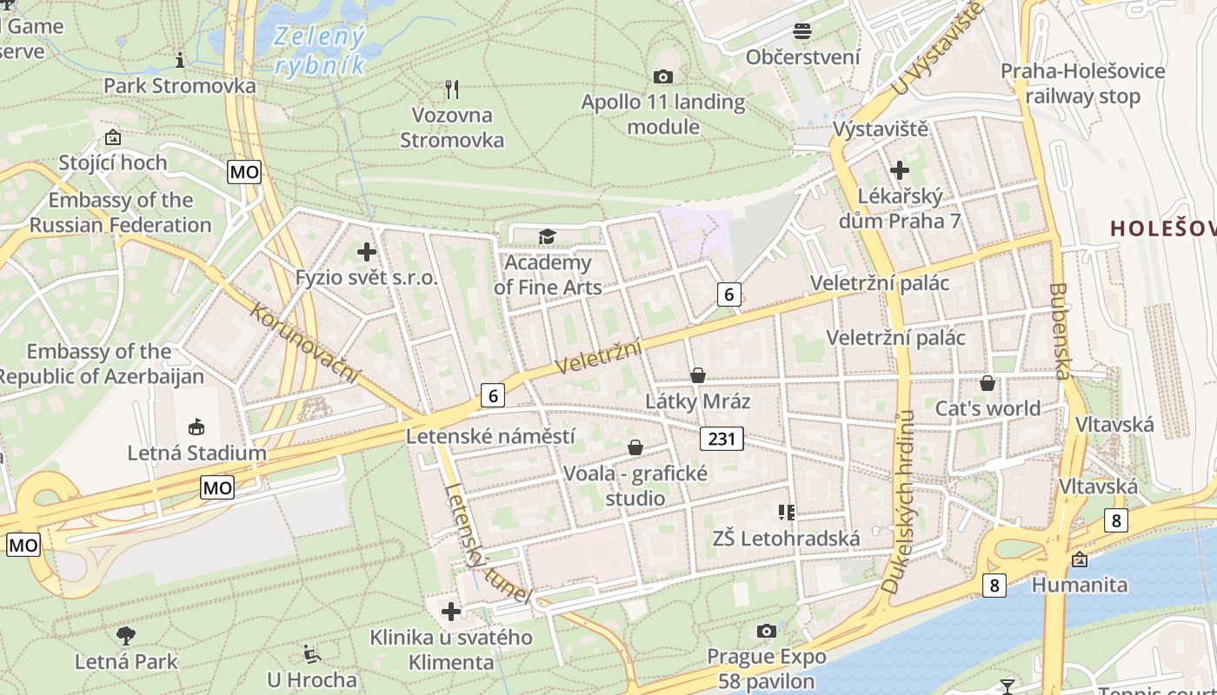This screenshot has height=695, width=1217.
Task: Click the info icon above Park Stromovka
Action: [180, 60]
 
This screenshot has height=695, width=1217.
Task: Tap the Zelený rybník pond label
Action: [318, 51]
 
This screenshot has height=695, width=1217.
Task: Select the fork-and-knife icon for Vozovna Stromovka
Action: [451, 89]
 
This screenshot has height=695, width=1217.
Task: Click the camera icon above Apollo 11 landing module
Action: [662, 77]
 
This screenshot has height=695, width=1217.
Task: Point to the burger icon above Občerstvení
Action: [802, 31]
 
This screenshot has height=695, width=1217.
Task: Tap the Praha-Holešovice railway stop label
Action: [1082, 83]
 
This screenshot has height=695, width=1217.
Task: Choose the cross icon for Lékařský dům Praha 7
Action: [899, 170]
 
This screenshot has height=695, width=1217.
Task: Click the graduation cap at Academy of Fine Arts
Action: [547, 236]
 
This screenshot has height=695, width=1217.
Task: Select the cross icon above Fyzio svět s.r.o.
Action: [367, 252]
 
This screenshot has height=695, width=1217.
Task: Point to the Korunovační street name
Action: [305, 342]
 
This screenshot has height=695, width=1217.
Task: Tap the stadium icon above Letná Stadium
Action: [196, 427]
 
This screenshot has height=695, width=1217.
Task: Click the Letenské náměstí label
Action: [490, 435]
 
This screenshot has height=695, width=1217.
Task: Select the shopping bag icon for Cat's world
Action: [988, 382]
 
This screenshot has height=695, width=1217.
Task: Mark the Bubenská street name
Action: [1059, 331]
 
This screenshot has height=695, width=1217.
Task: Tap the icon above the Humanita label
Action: [1080, 559]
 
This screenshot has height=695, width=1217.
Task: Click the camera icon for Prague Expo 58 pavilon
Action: [766, 631]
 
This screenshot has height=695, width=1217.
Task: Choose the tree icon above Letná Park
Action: [126, 635]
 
